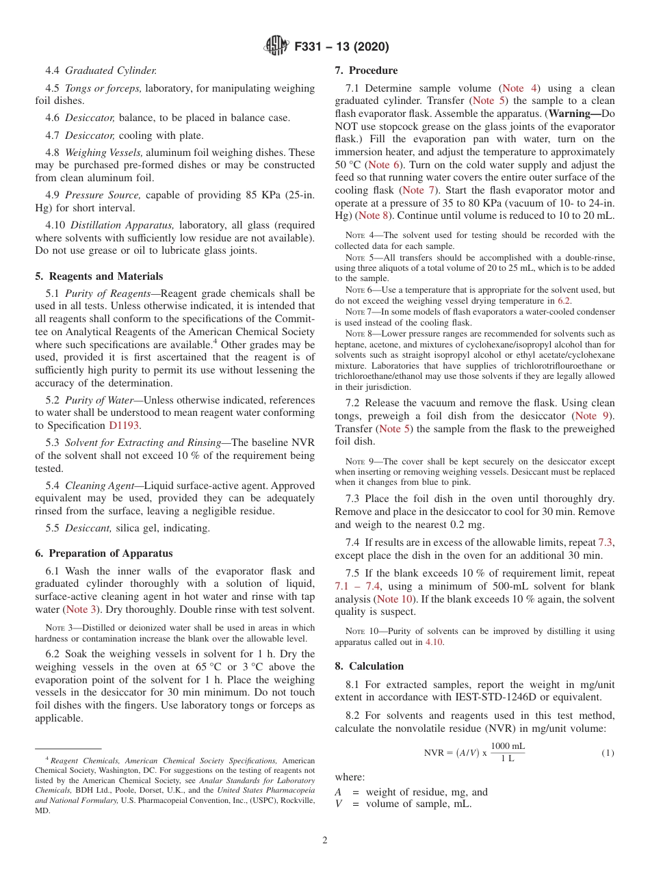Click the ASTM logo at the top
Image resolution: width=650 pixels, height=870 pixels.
276,47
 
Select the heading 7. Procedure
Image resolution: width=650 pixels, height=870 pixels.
366,70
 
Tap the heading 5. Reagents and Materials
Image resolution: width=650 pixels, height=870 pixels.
99,276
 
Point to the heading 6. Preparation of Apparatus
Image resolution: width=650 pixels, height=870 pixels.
104,553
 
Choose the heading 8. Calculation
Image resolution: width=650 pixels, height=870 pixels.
369,666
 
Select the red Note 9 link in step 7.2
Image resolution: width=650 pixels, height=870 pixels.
593,416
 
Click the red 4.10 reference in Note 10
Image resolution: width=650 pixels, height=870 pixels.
434,642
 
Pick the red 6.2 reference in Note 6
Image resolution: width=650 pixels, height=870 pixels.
563,300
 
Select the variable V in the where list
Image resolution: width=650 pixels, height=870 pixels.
338,804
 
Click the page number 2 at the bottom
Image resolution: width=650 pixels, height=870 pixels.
325,841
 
